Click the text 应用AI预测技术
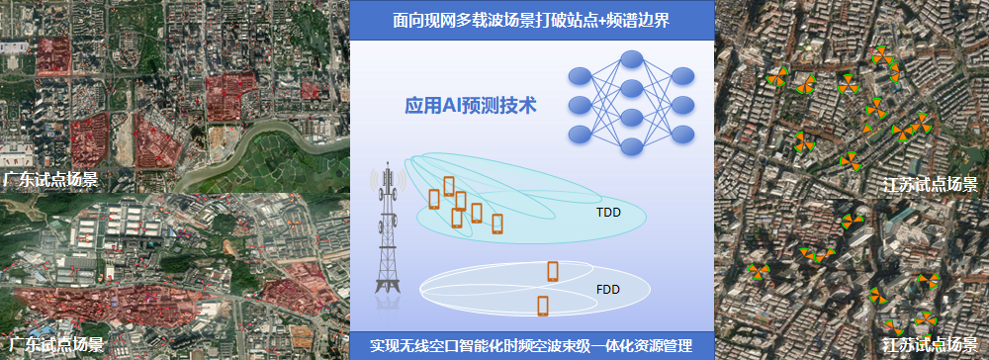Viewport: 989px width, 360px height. (471, 105)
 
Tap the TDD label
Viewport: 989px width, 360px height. (608, 212)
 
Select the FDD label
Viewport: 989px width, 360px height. (608, 290)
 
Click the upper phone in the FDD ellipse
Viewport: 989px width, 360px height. (553, 270)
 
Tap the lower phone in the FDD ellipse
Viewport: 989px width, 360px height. (543, 306)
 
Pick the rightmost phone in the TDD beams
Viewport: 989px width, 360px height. (497, 224)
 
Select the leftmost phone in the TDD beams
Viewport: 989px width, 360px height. (434, 199)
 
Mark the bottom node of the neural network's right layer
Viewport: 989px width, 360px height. (681, 132)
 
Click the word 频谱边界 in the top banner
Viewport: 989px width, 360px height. (637, 20)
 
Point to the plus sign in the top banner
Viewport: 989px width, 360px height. (597, 20)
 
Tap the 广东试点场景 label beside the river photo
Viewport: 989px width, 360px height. (49, 179)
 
